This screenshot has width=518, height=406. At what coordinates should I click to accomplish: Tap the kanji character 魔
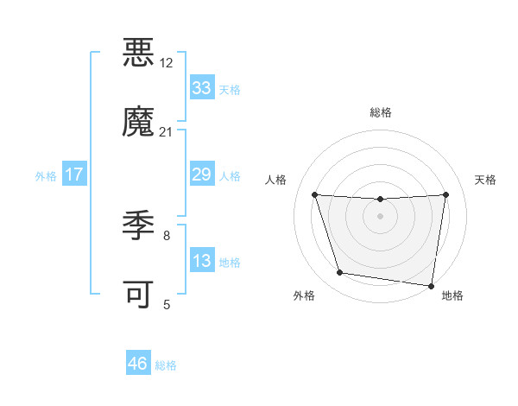tap(138, 122)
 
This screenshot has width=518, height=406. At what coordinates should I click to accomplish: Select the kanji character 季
tap(138, 225)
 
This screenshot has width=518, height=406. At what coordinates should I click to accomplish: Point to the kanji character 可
tap(138, 295)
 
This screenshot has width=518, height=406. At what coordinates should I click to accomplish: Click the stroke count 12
tap(166, 63)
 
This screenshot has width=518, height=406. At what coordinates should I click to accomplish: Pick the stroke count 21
tap(166, 132)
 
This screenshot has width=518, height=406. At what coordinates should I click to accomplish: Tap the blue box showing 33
tap(201, 87)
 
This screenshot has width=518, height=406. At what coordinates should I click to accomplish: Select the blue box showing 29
tap(201, 174)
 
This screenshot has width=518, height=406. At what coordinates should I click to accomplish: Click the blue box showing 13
tap(201, 261)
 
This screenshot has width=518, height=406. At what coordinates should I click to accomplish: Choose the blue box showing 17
tap(73, 174)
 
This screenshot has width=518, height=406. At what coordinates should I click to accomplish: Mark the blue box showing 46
tap(137, 364)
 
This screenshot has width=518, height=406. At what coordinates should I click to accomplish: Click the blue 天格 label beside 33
tap(229, 89)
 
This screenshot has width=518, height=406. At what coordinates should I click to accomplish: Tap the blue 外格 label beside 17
tap(46, 175)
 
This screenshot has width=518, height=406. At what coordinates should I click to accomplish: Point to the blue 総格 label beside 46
tap(165, 365)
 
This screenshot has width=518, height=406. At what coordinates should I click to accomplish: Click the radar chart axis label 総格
tap(380, 112)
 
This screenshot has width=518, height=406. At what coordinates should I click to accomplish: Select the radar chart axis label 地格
tap(452, 295)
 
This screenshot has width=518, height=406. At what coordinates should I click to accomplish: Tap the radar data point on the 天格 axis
tap(445, 194)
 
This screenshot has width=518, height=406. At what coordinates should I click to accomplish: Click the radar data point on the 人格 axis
tap(314, 194)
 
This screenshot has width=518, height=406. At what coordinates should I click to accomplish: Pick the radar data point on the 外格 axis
tap(339, 273)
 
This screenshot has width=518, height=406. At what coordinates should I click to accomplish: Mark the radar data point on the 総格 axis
tap(380, 200)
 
